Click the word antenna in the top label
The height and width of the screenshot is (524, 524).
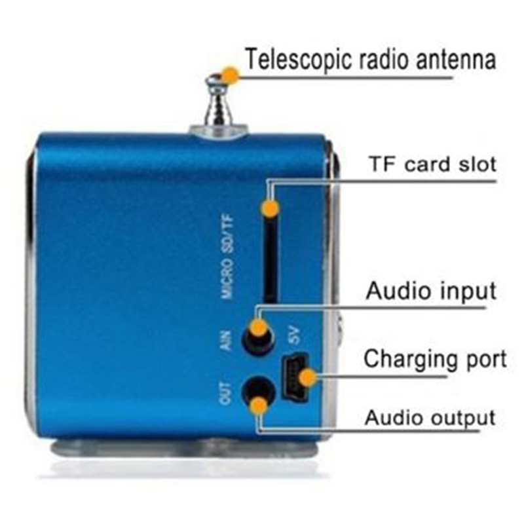455,60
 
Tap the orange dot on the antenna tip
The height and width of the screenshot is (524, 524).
231,74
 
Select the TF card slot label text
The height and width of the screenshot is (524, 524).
433,164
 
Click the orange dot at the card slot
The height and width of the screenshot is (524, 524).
270,208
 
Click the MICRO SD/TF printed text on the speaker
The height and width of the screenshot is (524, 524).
227,257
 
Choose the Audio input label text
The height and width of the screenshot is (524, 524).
431,291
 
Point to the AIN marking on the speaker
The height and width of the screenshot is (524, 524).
226,340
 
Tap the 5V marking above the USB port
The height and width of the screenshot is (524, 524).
294,335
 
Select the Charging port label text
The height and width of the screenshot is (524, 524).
435,360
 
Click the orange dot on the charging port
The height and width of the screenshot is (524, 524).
307,378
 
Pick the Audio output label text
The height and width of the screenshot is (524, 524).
430,418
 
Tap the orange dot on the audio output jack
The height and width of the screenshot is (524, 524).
259,405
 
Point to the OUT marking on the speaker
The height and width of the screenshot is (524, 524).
225,393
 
